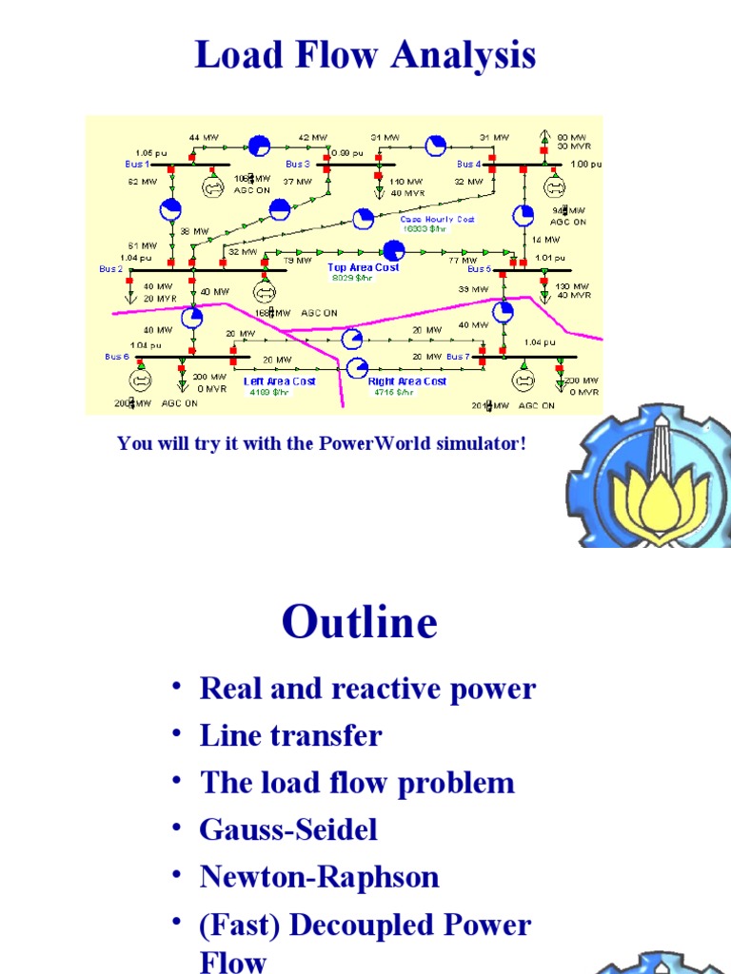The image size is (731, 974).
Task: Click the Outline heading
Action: [360, 623]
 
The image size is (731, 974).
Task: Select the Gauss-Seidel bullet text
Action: [288, 829]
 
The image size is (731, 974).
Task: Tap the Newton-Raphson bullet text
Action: [320, 876]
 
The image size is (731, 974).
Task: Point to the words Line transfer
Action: [291, 735]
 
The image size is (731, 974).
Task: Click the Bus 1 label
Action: [137, 165]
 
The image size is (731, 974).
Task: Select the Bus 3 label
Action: [298, 165]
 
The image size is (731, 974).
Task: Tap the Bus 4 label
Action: [469, 165]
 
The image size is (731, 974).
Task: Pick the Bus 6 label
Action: [115, 357]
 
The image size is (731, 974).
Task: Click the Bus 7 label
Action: [458, 357]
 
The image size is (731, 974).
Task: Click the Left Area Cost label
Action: [279, 381]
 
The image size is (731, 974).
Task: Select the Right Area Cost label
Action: [407, 381]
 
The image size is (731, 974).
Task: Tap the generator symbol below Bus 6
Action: [141, 380]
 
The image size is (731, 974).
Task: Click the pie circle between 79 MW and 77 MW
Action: [393, 251]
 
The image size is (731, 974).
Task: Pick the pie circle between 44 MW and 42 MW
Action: [259, 146]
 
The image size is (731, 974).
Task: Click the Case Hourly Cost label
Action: [438, 219]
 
